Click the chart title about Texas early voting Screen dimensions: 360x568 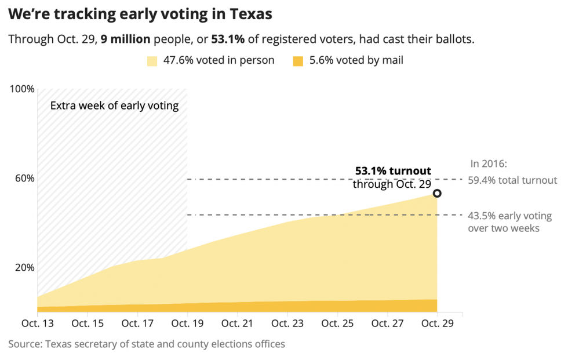[140, 13]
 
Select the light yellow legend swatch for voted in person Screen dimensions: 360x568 [152, 60]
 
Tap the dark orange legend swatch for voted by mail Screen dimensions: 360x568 [297, 60]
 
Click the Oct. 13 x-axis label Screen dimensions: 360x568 [38, 323]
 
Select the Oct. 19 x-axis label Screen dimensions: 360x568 [188, 323]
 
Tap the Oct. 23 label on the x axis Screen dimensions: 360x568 [287, 323]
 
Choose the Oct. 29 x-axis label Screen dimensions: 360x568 [437, 323]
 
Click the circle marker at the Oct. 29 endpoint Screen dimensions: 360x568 [437, 193]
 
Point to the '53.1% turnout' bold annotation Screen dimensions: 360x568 [393, 171]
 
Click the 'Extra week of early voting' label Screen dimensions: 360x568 [114, 106]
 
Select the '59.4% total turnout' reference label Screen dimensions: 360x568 [512, 180]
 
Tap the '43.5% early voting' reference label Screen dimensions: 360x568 [509, 216]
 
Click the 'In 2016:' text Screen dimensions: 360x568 [488, 164]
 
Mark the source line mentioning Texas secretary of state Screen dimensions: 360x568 [147, 344]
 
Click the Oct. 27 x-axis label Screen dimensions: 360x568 [387, 323]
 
